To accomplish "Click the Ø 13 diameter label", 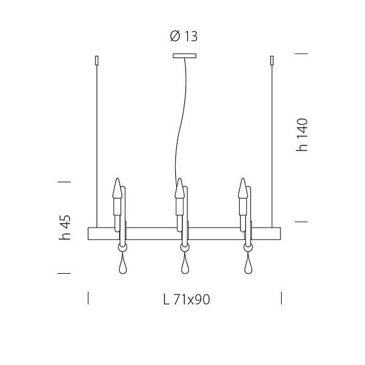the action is (x=184, y=36).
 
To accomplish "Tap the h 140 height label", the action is (x=302, y=135).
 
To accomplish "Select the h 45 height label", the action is (x=64, y=227).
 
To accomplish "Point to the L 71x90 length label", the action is (x=187, y=299).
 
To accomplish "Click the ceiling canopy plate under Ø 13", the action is (x=184, y=56).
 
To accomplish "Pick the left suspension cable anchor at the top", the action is (x=97, y=60).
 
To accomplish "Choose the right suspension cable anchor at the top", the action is (x=272, y=60).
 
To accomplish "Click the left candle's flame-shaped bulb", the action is (x=117, y=189).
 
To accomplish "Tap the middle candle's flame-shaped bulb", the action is (x=179, y=189).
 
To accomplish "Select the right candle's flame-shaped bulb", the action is (x=243, y=189).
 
